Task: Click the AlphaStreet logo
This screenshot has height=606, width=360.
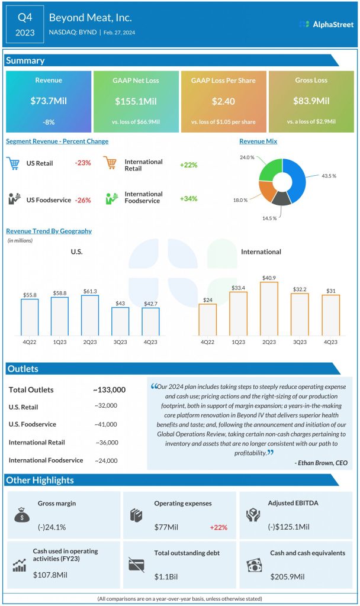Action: tap(327, 24)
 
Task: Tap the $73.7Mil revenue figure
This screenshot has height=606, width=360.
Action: tap(49, 101)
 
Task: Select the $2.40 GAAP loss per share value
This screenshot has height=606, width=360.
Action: tap(224, 101)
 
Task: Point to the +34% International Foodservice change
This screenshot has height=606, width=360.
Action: tap(188, 198)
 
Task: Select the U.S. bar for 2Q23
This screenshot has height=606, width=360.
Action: tap(90, 315)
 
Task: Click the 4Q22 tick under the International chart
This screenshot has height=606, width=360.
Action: tap(207, 343)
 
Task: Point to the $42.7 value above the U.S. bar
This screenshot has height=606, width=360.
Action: tap(151, 303)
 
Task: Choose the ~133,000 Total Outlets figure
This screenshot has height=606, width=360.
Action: tap(109, 389)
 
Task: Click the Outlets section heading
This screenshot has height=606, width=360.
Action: tap(23, 369)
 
